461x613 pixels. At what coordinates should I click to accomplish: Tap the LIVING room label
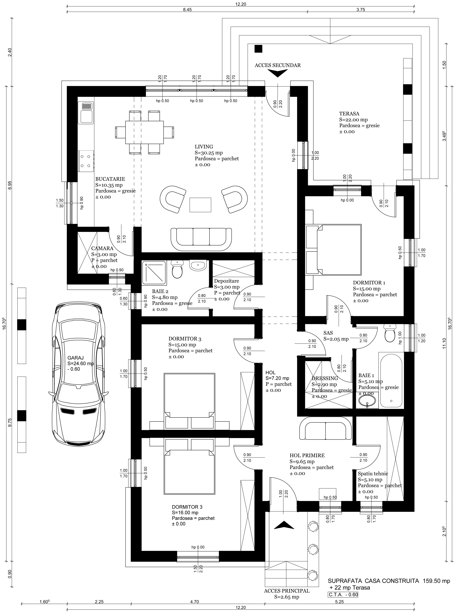[204, 147]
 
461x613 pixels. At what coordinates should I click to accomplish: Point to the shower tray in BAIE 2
[155, 273]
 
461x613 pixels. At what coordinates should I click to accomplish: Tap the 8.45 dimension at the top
[187, 9]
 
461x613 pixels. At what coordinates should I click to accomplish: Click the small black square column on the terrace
[258, 49]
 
